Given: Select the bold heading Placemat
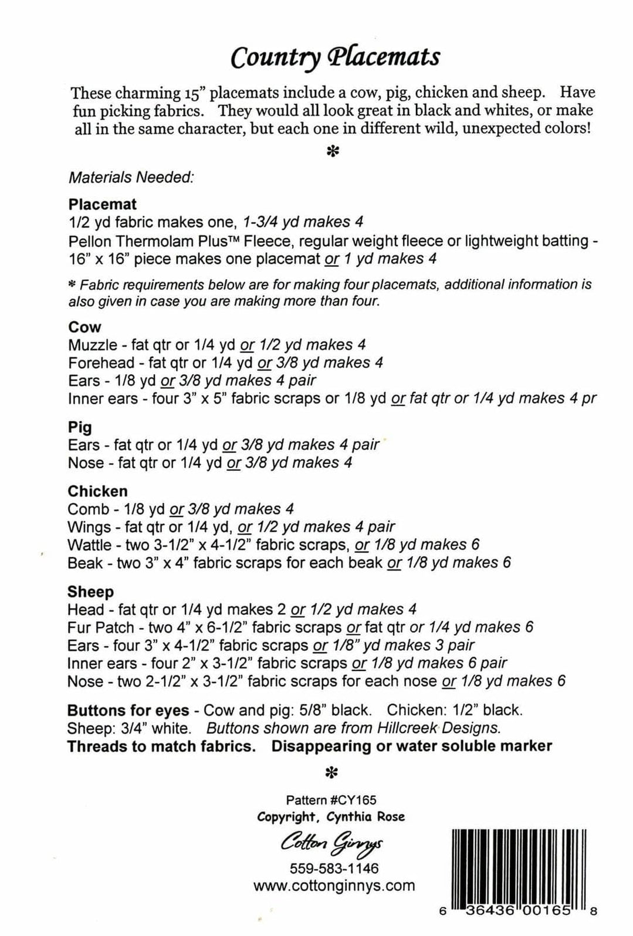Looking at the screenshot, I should [x=102, y=204].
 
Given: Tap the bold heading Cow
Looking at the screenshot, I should [x=84, y=327].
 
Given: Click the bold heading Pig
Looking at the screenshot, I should [x=80, y=427].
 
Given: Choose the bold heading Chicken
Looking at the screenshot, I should [x=97, y=491].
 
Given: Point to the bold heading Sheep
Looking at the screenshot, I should [x=90, y=591].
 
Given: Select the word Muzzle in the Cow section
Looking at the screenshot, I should [x=92, y=345].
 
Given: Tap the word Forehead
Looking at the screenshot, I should [x=101, y=362].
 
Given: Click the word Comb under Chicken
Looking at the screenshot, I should [x=89, y=509].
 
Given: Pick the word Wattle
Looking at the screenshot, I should [x=89, y=545].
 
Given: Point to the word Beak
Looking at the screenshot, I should [x=86, y=563].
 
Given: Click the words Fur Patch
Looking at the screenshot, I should [x=101, y=628].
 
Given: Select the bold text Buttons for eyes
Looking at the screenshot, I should [x=128, y=710].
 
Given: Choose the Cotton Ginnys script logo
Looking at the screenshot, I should [x=331, y=844].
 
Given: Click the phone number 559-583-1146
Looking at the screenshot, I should [x=334, y=869].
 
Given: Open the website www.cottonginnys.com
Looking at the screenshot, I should [x=334, y=886].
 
